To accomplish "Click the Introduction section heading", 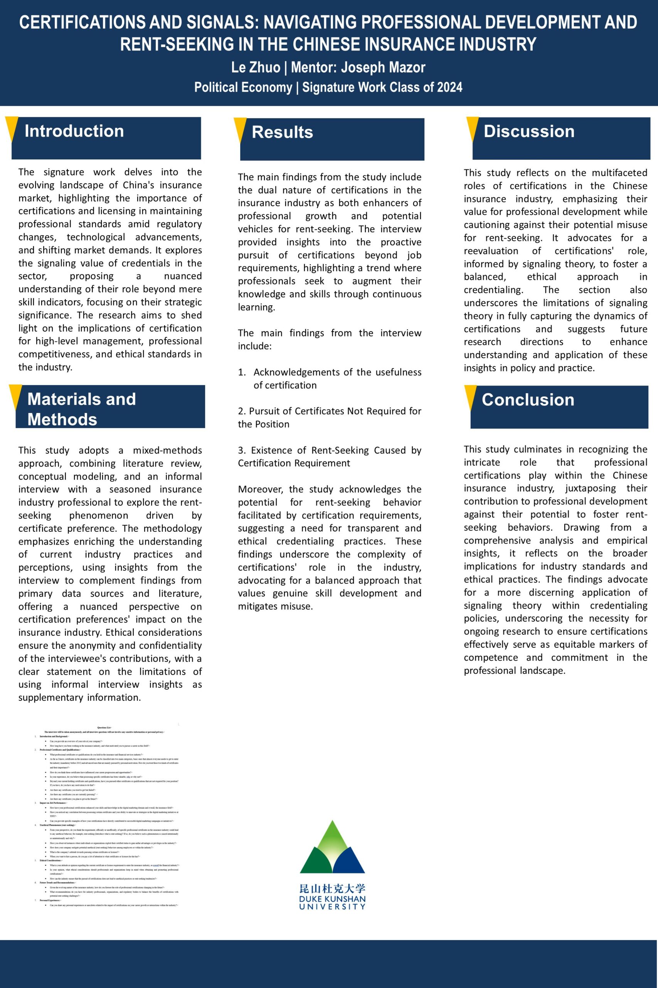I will (x=74, y=131).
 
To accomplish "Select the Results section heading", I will (x=283, y=132).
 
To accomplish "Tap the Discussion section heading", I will (x=529, y=132).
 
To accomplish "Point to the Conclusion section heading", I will (x=527, y=399).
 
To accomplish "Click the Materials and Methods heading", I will (x=81, y=409).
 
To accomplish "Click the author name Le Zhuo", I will (x=256, y=67).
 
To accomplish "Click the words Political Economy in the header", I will (x=243, y=87).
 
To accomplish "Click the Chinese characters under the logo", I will (x=332, y=888).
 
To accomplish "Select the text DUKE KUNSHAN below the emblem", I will (x=332, y=899).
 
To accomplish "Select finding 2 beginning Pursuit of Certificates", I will (x=330, y=417).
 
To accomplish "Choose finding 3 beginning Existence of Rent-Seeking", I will (x=330, y=456).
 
